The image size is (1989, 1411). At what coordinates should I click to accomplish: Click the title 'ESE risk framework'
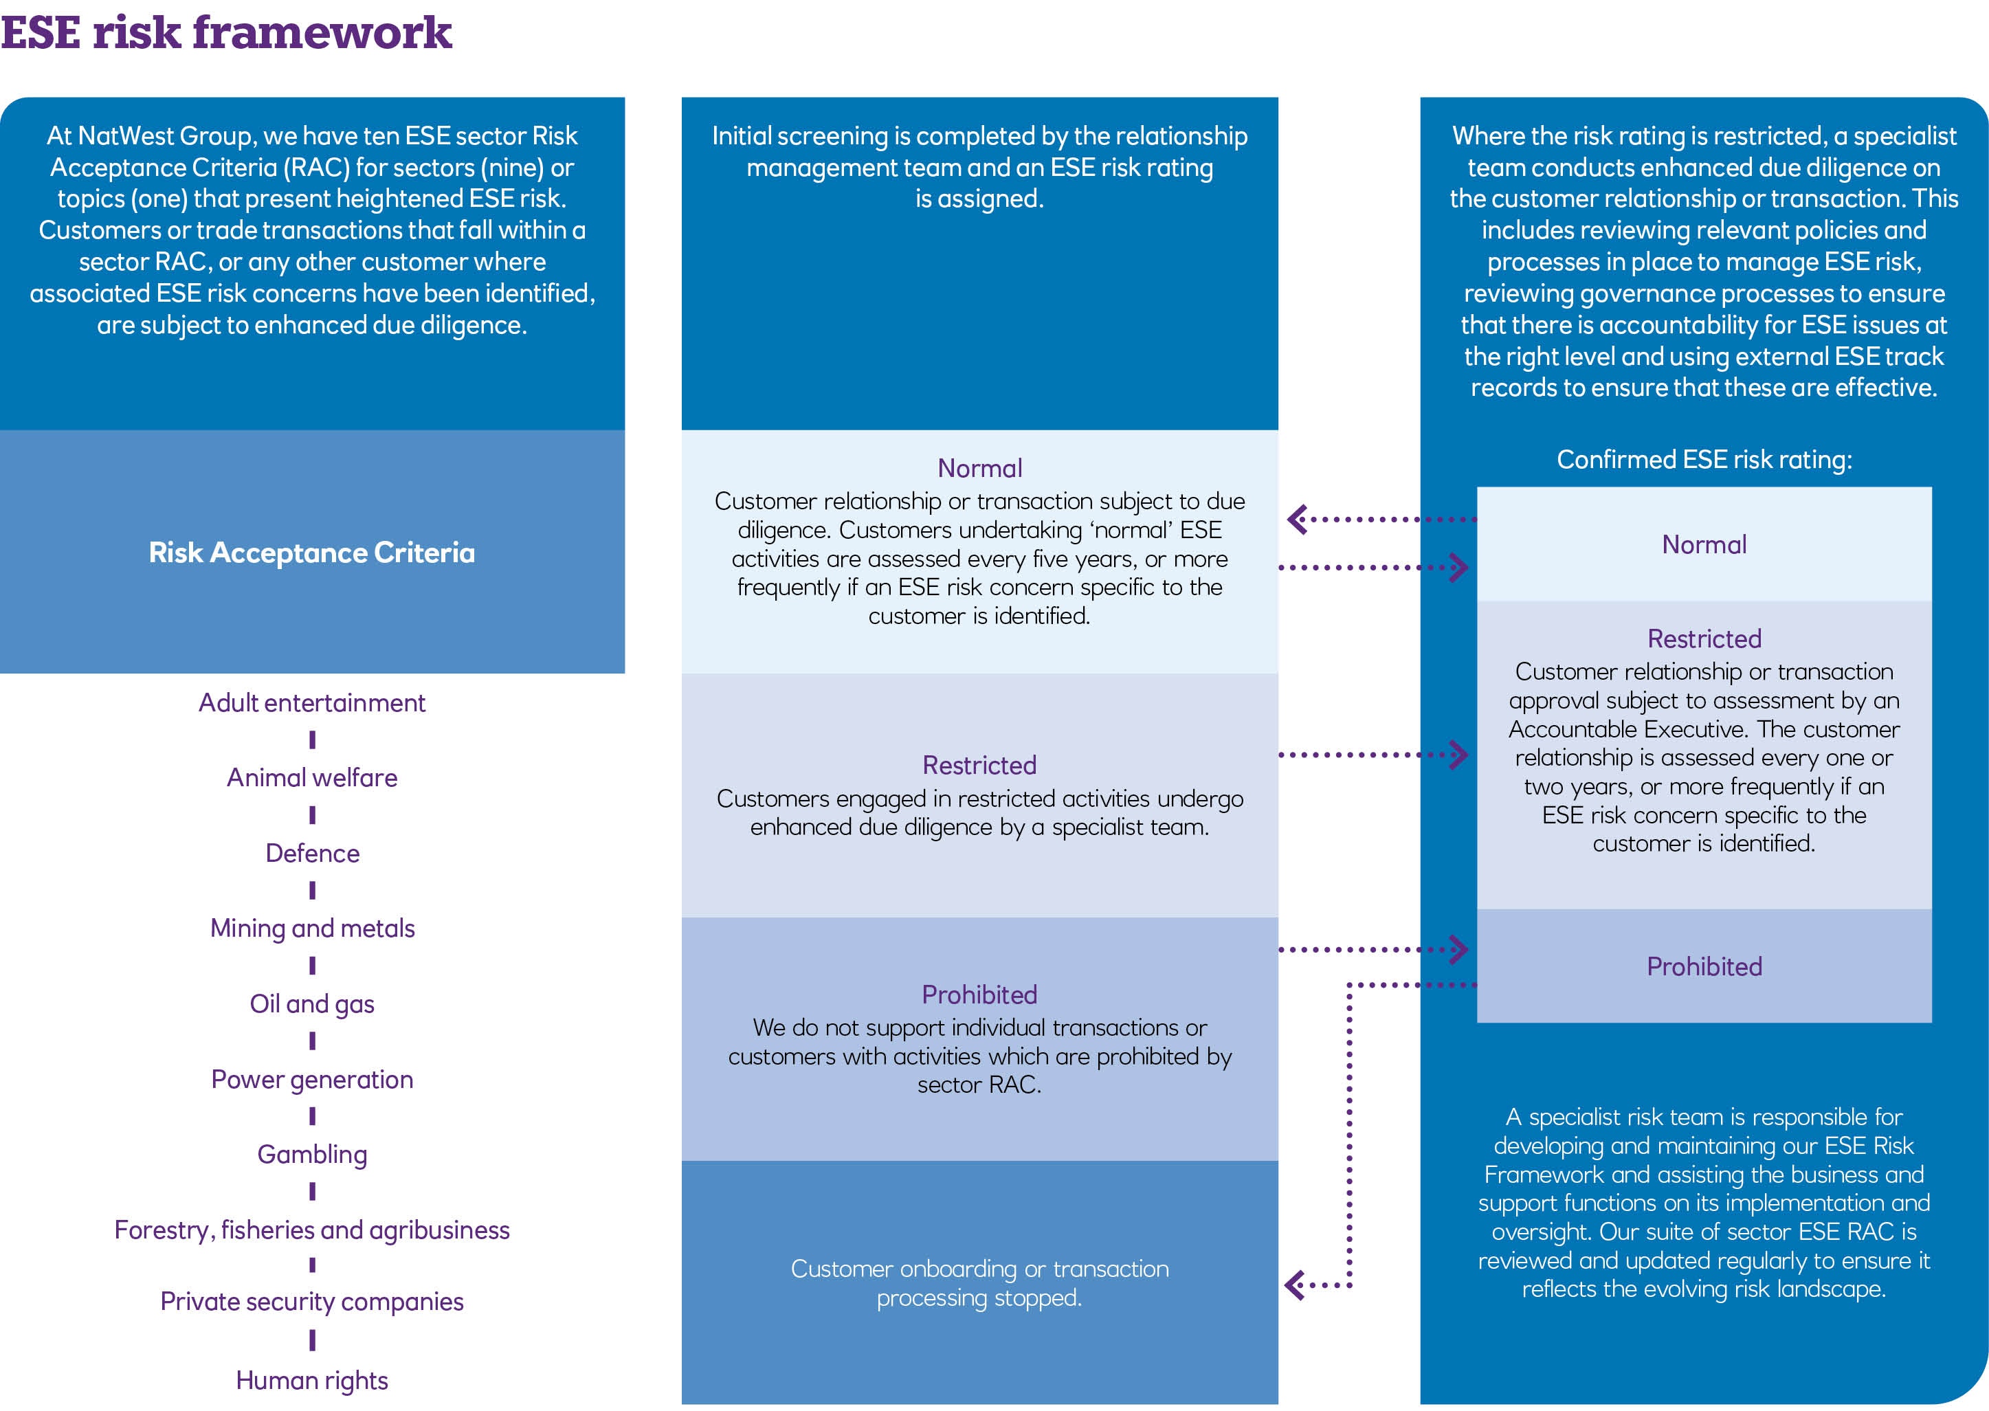(x=226, y=33)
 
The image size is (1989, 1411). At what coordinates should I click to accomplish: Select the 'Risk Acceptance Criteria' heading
(x=312, y=553)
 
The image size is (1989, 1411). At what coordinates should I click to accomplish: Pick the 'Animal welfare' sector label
(x=312, y=777)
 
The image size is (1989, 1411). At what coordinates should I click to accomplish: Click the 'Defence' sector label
(x=312, y=853)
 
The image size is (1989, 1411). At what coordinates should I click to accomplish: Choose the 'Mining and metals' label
(x=312, y=928)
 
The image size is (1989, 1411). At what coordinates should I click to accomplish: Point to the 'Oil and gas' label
(x=312, y=1003)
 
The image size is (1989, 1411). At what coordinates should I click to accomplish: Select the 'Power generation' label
(x=312, y=1079)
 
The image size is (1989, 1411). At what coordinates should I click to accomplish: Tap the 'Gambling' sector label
(x=312, y=1154)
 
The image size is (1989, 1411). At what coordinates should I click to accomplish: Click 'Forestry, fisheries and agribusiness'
(x=312, y=1230)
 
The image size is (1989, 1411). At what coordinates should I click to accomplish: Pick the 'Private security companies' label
(x=312, y=1302)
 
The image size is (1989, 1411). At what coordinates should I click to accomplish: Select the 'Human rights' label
(x=312, y=1379)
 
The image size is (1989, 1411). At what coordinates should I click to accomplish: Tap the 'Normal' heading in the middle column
(x=979, y=468)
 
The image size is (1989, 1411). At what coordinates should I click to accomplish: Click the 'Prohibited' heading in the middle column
(x=979, y=994)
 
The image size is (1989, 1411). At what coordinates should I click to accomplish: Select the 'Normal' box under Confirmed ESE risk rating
(x=1704, y=545)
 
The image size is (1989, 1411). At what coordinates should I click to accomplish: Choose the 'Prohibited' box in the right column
(x=1704, y=966)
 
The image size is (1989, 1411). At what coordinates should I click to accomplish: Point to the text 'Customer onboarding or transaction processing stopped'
(x=979, y=1282)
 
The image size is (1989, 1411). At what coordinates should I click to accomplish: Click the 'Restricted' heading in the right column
(x=1704, y=638)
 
